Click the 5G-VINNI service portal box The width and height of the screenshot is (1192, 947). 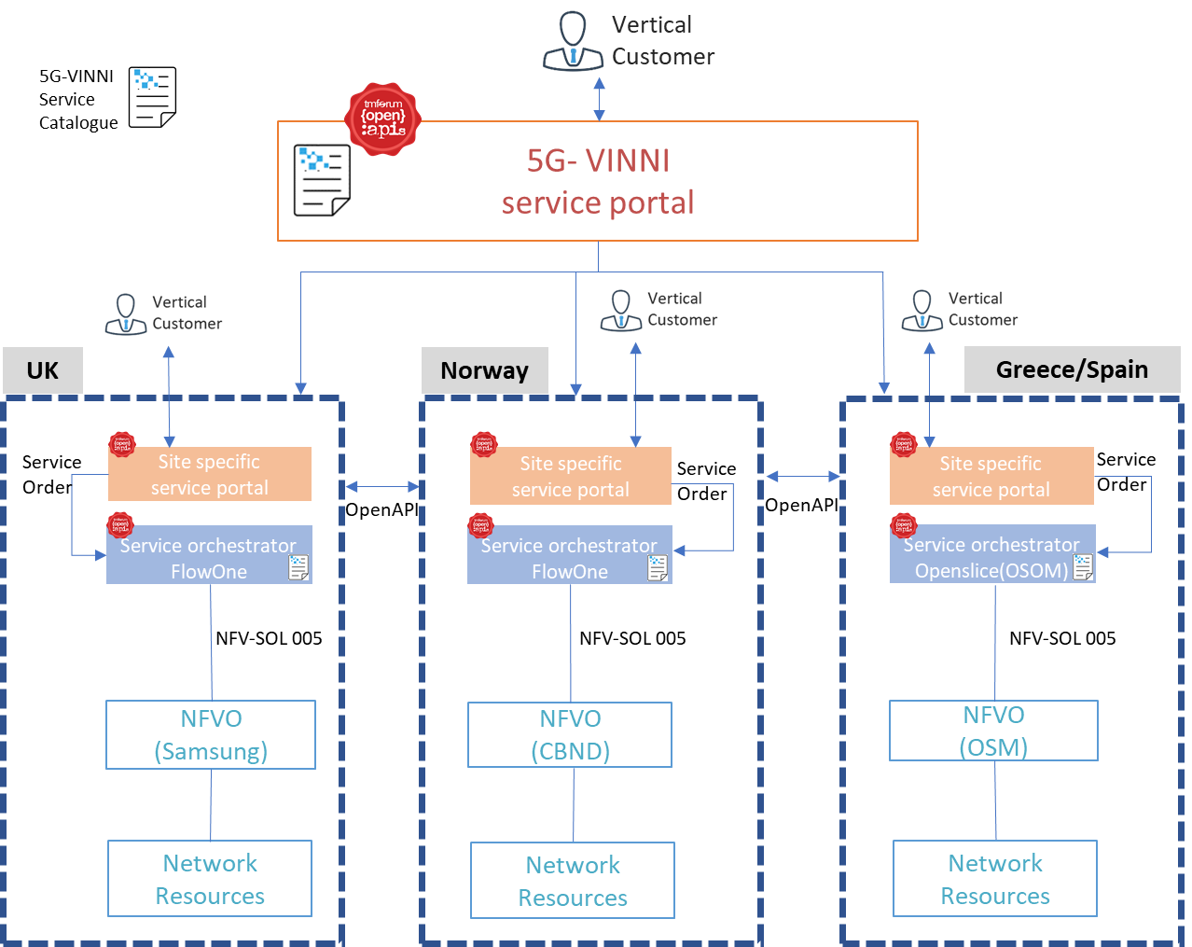coord(597,181)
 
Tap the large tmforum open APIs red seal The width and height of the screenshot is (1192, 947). coord(383,118)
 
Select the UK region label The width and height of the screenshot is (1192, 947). coord(43,370)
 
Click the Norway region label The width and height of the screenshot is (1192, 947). coord(484,370)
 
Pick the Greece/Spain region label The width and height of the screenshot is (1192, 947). coord(1072,369)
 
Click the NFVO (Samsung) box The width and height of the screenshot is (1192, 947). coord(211,735)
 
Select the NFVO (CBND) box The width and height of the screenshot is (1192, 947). coord(570,735)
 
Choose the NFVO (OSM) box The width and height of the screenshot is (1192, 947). coord(993,731)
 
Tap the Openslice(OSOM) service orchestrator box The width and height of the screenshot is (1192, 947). coord(991,557)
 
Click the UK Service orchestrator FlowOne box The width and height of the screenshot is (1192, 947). coord(209,558)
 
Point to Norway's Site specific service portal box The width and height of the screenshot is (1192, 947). coord(570,477)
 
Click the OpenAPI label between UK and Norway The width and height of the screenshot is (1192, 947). coord(381,510)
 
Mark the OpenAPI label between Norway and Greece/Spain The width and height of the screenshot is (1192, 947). coord(801,505)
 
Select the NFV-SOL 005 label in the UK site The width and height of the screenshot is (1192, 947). coord(269,638)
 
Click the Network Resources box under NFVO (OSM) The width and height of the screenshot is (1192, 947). coord(995,879)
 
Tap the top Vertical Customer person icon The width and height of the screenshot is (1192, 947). coord(573,43)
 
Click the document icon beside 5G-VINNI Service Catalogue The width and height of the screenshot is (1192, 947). coord(153,98)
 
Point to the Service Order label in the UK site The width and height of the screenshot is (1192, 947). coord(51,474)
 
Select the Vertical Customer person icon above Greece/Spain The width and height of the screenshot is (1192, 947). coord(922,311)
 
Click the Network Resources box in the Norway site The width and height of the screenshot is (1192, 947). coord(573,881)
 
